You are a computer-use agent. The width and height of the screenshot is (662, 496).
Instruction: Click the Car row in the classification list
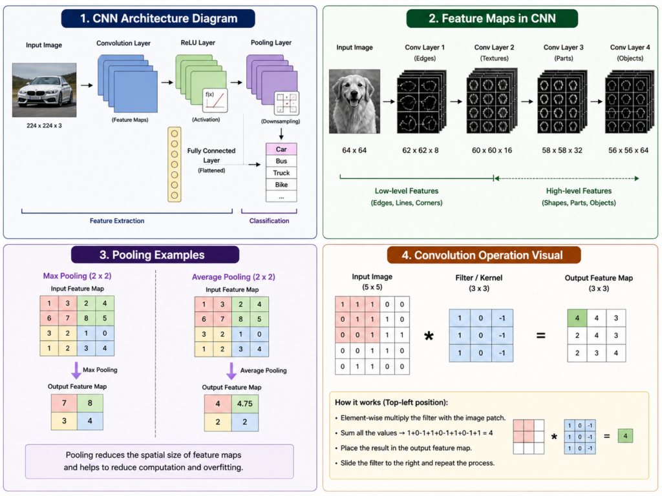[x=281, y=149]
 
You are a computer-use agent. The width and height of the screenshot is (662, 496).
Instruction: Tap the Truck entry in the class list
[x=281, y=173]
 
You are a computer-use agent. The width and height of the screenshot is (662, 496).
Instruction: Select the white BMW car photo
[x=45, y=90]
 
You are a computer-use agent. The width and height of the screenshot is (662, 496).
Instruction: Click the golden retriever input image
[x=354, y=101]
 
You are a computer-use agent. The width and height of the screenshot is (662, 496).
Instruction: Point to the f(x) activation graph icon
[x=215, y=100]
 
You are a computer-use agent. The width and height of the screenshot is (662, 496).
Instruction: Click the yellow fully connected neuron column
[x=175, y=165]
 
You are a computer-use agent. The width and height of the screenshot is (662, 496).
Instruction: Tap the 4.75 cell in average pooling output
[x=245, y=404]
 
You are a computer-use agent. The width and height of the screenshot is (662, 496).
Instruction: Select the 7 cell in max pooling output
[x=64, y=403]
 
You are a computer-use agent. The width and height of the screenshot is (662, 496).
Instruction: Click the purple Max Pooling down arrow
[x=76, y=370]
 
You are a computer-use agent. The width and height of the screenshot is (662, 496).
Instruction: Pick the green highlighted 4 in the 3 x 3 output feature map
[x=577, y=318]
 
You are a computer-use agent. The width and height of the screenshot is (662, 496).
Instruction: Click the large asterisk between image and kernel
[x=429, y=336]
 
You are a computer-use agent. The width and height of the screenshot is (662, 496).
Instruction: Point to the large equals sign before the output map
[x=540, y=336]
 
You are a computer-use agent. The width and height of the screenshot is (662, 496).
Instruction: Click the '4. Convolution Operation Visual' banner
[x=484, y=255]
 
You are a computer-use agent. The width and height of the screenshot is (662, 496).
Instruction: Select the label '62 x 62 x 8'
[x=420, y=150]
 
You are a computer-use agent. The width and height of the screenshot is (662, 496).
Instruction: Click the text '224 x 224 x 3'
[x=44, y=126]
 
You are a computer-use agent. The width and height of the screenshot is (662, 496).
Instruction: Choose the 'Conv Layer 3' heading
[x=563, y=47]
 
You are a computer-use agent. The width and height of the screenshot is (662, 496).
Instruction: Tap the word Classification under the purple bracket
[x=269, y=221]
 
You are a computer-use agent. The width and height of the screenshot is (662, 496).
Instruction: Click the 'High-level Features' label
[x=579, y=191]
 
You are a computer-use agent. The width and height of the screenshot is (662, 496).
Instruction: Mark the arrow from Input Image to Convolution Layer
[x=87, y=85]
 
